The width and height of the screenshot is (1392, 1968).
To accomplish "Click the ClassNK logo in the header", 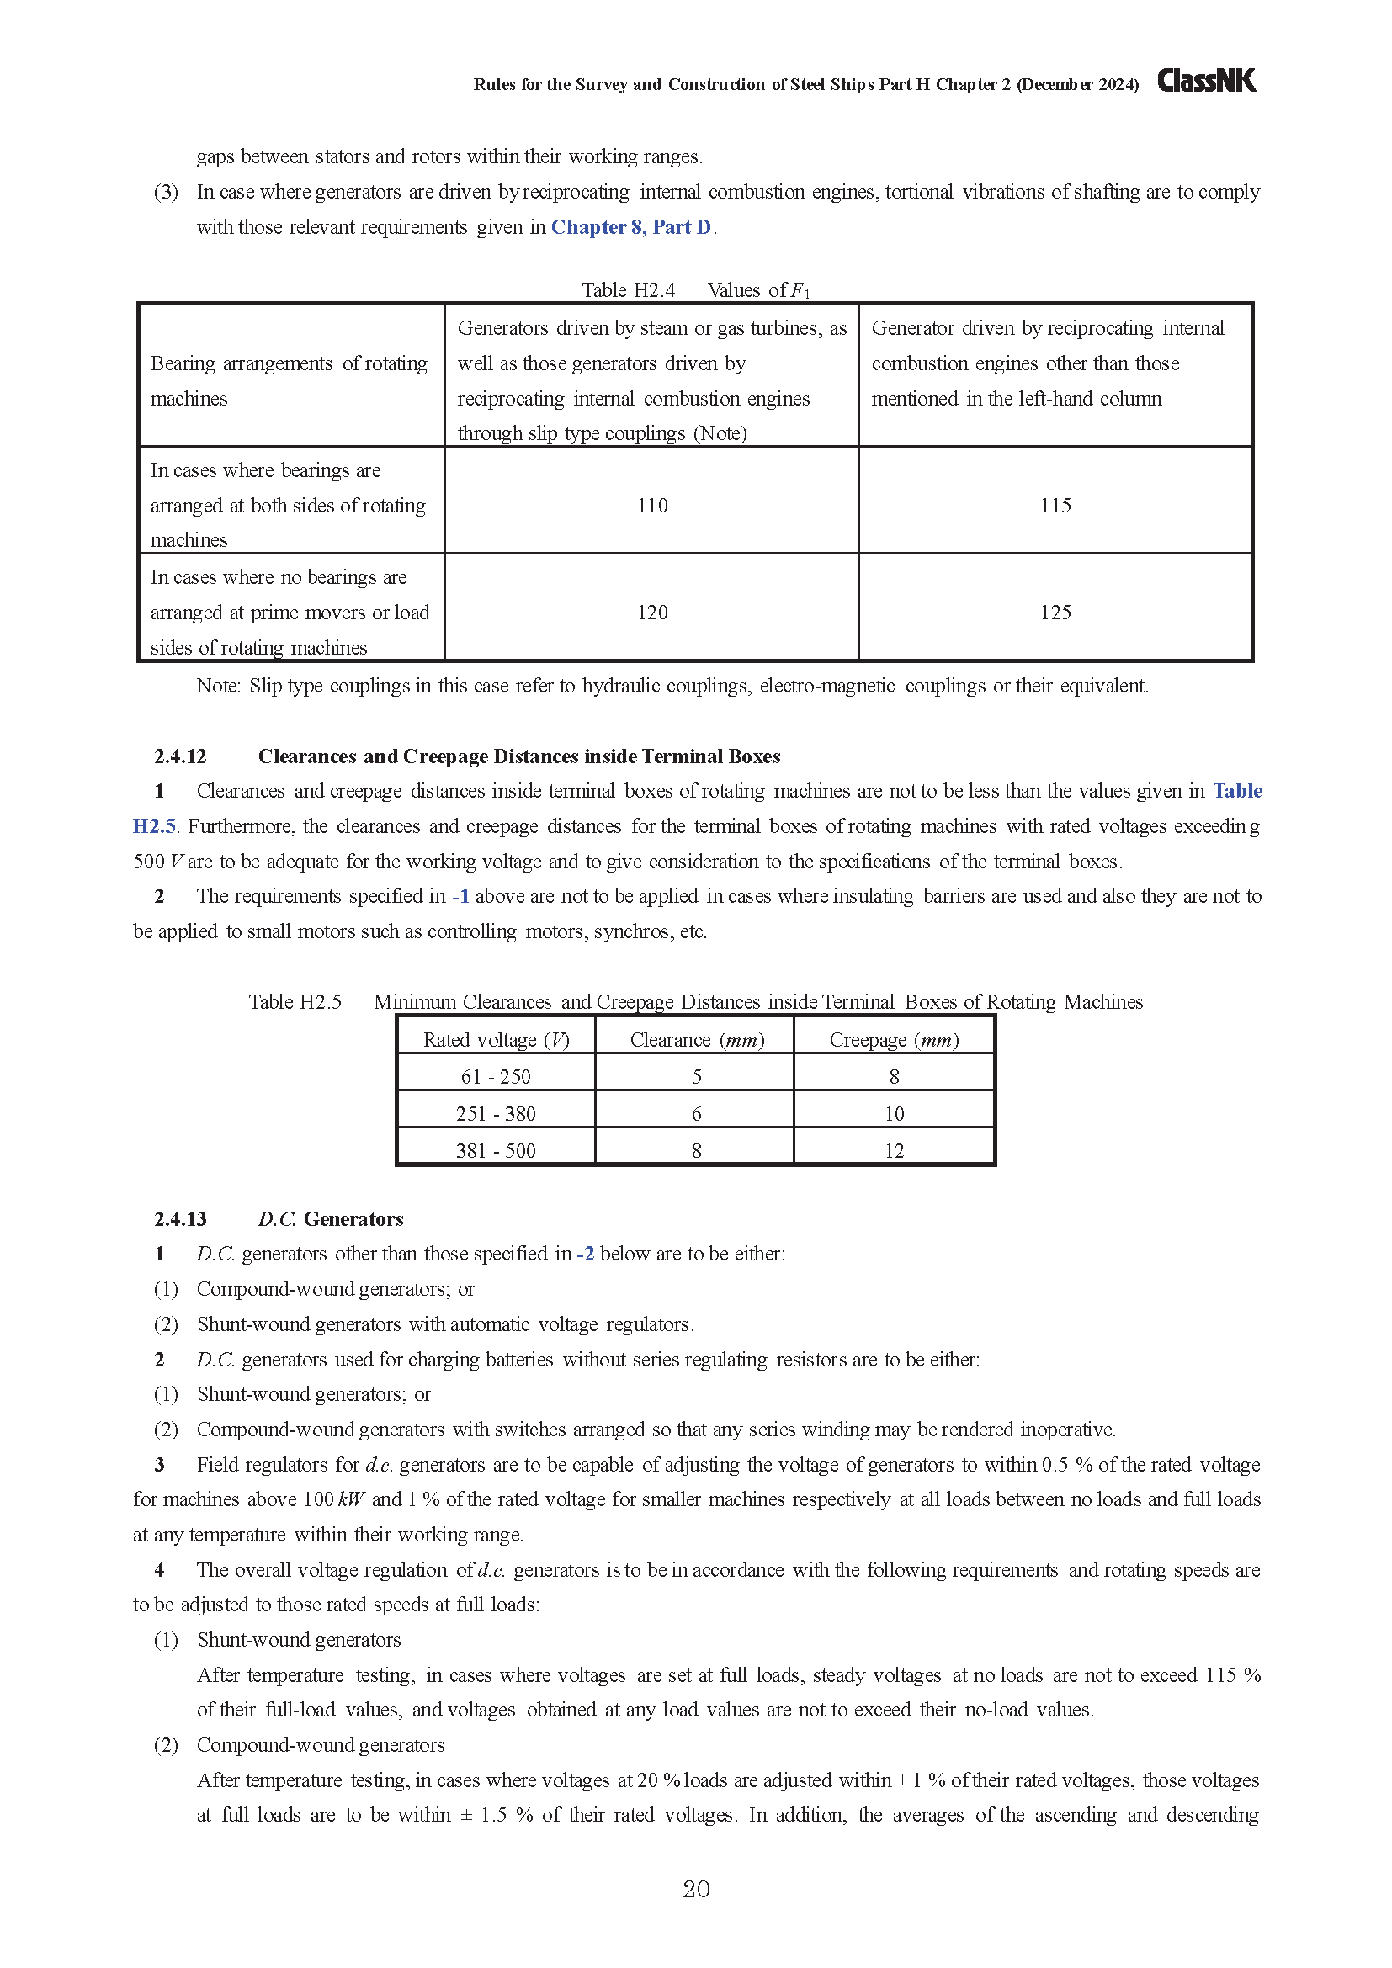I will tap(1206, 81).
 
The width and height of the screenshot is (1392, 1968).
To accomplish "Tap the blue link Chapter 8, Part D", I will tap(631, 227).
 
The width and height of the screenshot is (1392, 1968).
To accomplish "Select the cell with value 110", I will tap(652, 506).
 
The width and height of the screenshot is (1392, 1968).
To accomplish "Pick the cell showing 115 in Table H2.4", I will tap(1055, 506).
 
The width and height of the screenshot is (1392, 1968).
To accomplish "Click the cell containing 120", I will tap(652, 613).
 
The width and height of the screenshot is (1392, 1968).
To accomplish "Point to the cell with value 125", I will tap(1055, 613).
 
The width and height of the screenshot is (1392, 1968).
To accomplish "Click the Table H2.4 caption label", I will tap(629, 290).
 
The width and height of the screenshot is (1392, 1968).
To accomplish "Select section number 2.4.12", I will tap(180, 756).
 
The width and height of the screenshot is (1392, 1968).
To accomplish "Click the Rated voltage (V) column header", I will tap(497, 1040).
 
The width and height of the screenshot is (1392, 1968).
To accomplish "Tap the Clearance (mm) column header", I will tap(696, 1040).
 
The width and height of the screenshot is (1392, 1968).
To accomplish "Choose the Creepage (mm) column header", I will tap(894, 1040).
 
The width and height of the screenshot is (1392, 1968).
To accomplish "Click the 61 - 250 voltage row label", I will tap(496, 1077).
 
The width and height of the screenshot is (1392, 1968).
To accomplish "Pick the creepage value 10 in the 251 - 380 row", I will tap(894, 1113).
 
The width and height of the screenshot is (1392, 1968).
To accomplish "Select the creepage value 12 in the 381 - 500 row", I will tap(894, 1150).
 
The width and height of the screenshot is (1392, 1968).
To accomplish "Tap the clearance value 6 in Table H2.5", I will tap(696, 1113).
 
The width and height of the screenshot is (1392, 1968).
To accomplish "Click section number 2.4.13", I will tap(180, 1219).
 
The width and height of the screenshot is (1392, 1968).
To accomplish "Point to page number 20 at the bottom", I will tap(696, 1889).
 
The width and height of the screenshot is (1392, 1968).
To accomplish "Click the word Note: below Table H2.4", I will tap(218, 686).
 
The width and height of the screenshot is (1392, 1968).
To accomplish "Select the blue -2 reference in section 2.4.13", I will tap(586, 1254).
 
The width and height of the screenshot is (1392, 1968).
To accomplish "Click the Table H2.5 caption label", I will tap(295, 1002).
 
